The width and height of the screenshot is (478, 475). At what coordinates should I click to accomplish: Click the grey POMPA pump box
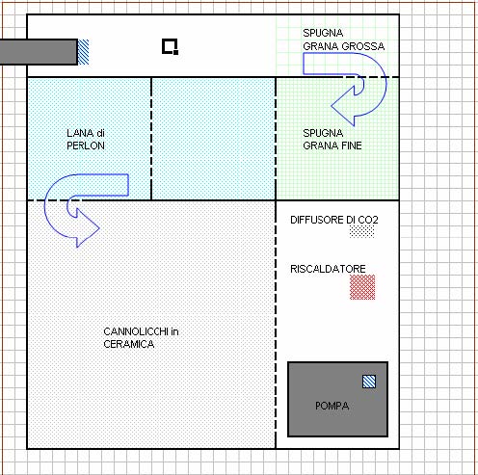click(337, 399)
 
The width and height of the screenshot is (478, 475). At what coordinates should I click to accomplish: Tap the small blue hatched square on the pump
click(369, 382)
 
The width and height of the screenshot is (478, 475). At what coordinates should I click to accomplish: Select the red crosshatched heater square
click(362, 287)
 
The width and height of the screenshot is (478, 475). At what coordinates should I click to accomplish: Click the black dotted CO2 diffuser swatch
click(362, 231)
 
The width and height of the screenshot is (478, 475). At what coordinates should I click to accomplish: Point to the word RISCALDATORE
click(328, 269)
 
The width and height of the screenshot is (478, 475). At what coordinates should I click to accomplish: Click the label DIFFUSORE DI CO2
click(334, 220)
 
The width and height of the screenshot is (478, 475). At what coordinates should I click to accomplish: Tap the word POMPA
click(332, 406)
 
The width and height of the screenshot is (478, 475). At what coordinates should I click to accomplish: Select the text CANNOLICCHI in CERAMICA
click(141, 338)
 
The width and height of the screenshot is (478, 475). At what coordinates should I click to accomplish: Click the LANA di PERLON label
click(86, 140)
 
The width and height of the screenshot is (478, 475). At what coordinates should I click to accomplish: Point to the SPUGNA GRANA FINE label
click(332, 140)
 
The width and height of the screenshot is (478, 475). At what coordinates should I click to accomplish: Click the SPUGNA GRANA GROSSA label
click(344, 40)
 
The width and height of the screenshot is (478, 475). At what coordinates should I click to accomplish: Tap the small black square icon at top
click(170, 47)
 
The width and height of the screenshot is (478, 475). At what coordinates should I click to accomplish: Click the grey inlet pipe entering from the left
click(39, 52)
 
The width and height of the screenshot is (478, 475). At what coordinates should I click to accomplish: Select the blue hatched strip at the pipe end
click(84, 52)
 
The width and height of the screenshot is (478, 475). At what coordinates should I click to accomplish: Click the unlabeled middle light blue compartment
click(213, 139)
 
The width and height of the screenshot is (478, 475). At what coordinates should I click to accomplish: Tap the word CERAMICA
click(129, 344)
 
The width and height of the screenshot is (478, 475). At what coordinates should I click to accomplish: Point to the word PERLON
click(86, 145)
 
